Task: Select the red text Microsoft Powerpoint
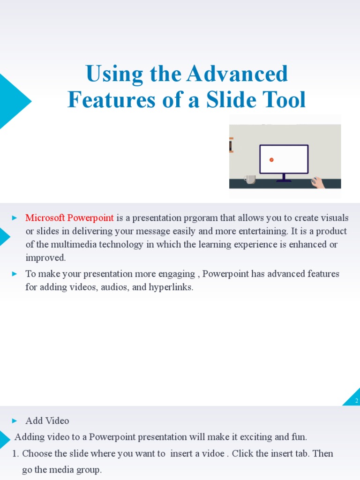[x=69, y=218]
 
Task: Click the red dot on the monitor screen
[x=271, y=160]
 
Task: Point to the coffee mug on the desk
[x=250, y=179]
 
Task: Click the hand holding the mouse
[x=319, y=182]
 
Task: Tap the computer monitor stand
[x=284, y=178]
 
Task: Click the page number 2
[x=356, y=401]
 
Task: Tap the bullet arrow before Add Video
[x=15, y=421]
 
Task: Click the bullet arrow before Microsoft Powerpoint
[x=15, y=218]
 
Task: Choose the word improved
[x=45, y=258]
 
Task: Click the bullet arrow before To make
[x=15, y=274]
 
